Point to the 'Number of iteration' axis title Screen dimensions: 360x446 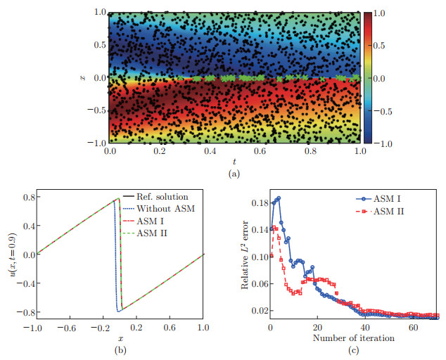(354, 337)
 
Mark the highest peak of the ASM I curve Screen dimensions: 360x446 (279, 198)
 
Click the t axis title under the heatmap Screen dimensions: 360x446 (234, 161)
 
